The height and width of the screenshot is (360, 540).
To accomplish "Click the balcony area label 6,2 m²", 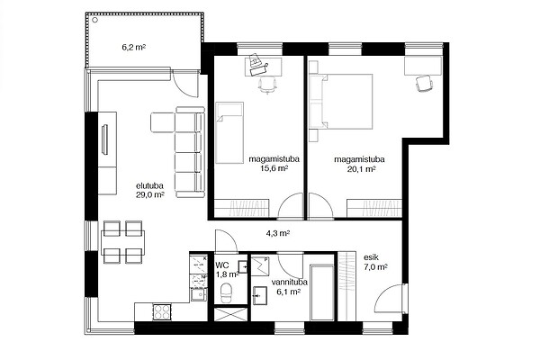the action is pyautogui.click(x=133, y=48).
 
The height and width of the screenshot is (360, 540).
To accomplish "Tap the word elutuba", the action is pyautogui.click(x=149, y=186).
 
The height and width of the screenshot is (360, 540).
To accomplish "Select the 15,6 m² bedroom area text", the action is pyautogui.click(x=274, y=168).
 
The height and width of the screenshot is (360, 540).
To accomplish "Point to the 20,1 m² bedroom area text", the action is pyautogui.click(x=360, y=169).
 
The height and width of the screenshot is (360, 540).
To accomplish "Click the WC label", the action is pyautogui.click(x=222, y=265).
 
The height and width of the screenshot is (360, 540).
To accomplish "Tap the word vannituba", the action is pyautogui.click(x=289, y=283).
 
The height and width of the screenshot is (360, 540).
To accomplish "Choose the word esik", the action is pyautogui.click(x=371, y=257).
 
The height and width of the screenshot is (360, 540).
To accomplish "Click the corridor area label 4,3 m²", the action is pyautogui.click(x=277, y=233).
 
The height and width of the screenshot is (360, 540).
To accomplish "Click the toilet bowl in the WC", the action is pyautogui.click(x=226, y=292).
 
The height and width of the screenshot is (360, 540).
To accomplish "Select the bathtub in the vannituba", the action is pyautogui.click(x=321, y=292).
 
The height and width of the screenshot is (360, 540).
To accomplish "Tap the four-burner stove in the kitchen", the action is pyautogui.click(x=162, y=312).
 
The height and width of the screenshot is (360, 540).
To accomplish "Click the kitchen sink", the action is pyautogui.click(x=198, y=295).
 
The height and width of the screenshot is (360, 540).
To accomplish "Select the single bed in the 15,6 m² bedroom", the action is pyautogui.click(x=229, y=132).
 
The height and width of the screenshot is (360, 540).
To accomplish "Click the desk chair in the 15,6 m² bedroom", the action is pyautogui.click(x=268, y=85).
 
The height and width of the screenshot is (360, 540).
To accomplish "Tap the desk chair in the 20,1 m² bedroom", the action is pyautogui.click(x=424, y=83).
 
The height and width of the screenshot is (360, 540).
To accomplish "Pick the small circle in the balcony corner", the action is pyautogui.click(x=95, y=20).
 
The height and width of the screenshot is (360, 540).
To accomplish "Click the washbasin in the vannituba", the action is pyautogui.click(x=260, y=295).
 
